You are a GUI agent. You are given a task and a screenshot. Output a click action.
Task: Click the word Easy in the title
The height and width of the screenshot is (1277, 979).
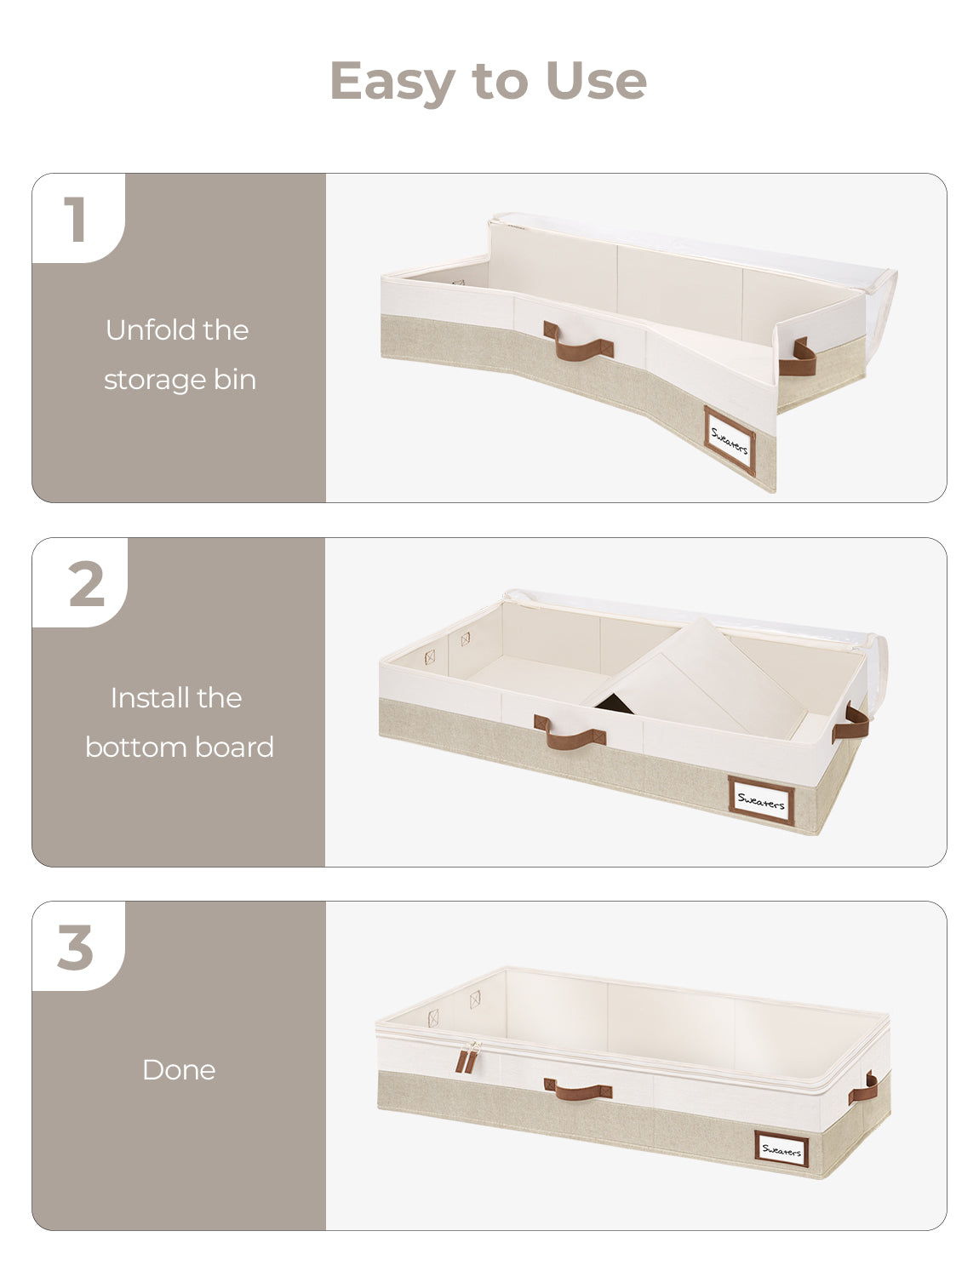coord(392,83)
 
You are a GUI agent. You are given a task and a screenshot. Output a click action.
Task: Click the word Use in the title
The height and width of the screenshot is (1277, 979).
coord(596,80)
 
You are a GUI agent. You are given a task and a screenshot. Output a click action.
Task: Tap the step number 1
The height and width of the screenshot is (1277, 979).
coord(76,219)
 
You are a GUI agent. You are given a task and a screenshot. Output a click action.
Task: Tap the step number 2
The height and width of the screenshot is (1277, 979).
coord(86,583)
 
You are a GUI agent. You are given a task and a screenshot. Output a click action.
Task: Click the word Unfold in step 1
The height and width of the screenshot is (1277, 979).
coord(143,329)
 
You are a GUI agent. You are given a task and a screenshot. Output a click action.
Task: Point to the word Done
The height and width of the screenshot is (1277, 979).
coord(179,1069)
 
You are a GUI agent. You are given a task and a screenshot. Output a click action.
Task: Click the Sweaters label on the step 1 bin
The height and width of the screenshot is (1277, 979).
coord(730,440)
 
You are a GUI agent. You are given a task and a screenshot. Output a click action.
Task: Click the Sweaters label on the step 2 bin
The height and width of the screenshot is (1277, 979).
coord(761,799)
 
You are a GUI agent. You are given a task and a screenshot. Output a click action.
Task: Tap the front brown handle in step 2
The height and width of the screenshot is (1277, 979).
coord(570,731)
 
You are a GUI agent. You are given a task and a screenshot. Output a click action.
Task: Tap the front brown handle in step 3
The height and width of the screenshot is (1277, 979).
coord(578,1091)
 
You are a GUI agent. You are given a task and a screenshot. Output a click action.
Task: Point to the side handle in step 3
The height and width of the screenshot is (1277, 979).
coord(862,1088)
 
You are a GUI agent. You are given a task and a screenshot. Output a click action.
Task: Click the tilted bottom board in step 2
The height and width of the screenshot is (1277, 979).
coord(699,682)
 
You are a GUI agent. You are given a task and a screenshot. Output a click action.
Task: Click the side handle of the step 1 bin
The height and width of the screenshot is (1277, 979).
coord(798,358)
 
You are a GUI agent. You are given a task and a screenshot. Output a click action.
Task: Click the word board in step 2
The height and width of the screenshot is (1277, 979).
coord(234,747)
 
